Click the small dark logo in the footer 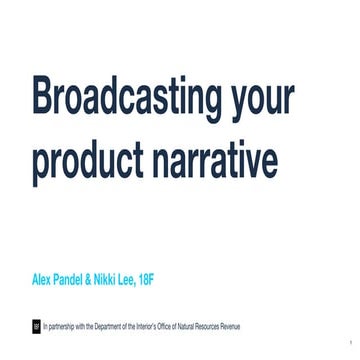(37, 325)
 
